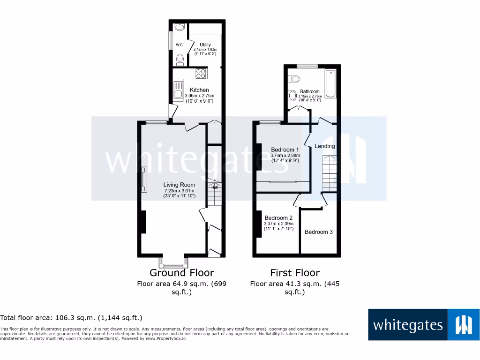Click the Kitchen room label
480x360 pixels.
[x=199, y=90]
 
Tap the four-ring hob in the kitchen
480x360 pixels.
[x=201, y=73]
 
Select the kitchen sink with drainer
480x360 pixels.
[x=178, y=91]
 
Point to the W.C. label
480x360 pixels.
[x=179, y=45]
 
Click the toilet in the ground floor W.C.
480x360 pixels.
[x=180, y=60]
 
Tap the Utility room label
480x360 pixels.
[x=205, y=45]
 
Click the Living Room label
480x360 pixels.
[x=179, y=185]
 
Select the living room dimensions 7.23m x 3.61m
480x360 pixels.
[x=179, y=190]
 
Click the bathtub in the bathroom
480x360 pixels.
[x=330, y=83]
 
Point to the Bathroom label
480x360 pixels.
[x=310, y=91]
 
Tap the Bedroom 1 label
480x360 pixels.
[x=285, y=150]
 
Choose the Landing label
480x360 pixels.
[x=324, y=146]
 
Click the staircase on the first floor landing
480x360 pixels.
[x=329, y=172]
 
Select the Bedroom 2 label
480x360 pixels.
[x=278, y=218]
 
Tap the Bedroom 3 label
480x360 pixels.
[x=319, y=232]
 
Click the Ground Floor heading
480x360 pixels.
[x=181, y=273]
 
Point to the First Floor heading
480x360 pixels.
[x=295, y=273]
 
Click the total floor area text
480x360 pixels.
[x=71, y=318]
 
